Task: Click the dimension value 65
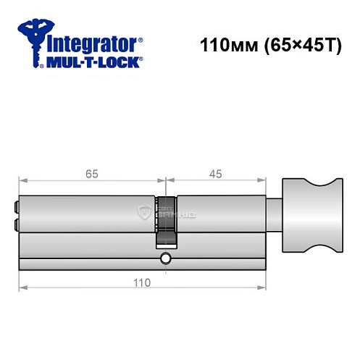[92, 173]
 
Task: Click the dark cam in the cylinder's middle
[166, 222]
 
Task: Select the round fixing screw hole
[166, 258]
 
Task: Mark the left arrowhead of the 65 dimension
[22, 182]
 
